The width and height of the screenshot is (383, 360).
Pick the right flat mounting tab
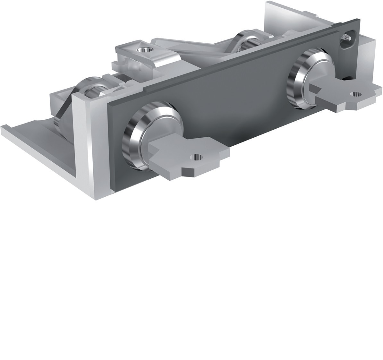[x=346, y=95]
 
